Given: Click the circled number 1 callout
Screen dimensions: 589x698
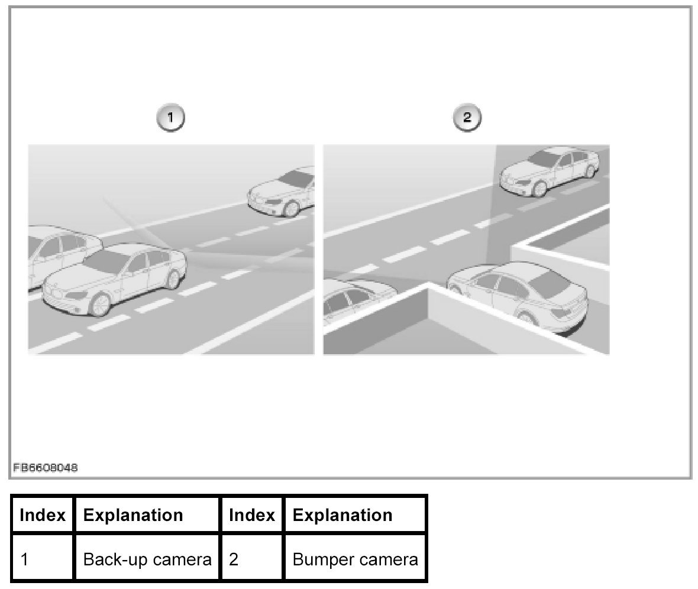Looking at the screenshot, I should (x=170, y=118).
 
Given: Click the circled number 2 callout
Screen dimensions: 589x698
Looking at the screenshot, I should (x=467, y=118).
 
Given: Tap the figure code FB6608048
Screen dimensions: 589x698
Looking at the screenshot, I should (x=45, y=468).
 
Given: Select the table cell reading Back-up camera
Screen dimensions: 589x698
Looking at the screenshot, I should (x=147, y=559).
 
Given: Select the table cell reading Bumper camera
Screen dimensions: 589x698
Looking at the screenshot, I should (x=355, y=559).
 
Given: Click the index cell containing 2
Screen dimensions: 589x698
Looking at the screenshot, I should (x=251, y=559).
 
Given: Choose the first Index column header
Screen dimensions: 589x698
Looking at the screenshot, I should (x=43, y=515).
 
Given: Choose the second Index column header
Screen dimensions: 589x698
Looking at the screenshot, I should (x=251, y=515).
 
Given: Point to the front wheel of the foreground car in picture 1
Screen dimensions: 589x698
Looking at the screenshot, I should (x=101, y=303).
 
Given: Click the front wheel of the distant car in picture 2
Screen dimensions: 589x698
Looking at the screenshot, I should (x=539, y=187).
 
